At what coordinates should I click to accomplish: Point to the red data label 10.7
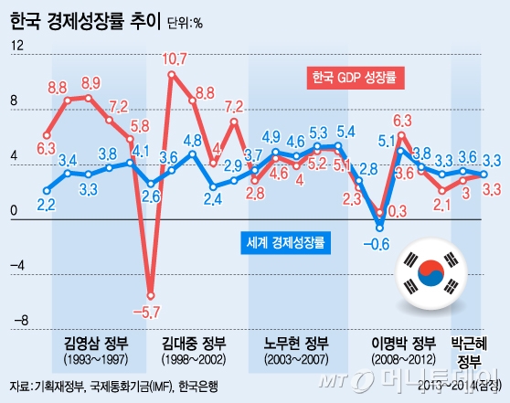pos(175,59)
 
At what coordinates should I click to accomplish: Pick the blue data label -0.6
pos(376,243)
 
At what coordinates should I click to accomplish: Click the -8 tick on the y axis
pos(15,322)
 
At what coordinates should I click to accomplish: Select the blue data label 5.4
pos(345,131)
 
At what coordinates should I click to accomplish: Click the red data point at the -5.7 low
pos(149,296)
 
